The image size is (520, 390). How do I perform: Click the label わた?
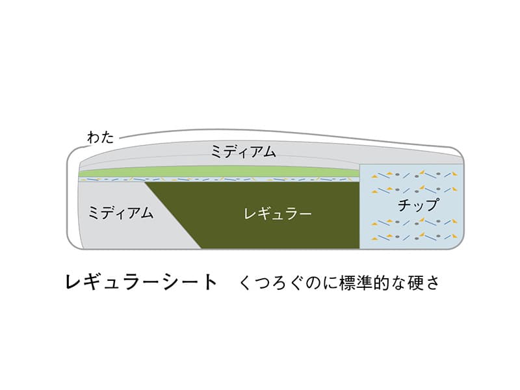101,137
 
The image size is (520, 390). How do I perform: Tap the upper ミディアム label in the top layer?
244,151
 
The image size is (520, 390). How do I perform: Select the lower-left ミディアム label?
121,213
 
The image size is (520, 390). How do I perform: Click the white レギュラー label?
278,213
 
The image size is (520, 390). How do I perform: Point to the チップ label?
419,205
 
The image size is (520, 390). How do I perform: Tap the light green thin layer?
219,173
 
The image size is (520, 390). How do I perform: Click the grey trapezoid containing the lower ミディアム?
133,215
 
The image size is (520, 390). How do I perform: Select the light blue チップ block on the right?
411,206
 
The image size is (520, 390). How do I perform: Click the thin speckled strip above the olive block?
219,179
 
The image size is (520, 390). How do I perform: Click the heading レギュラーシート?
142,283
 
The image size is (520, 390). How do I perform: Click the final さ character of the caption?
432,283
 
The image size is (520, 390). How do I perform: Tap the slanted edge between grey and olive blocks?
173,215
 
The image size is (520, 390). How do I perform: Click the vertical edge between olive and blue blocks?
360,206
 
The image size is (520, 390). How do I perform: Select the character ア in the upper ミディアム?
253,152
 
